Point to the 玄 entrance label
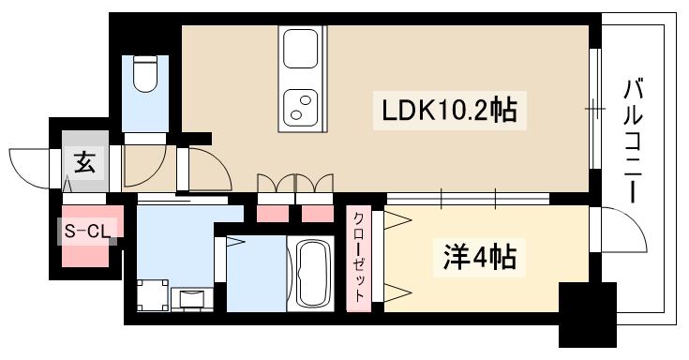[84, 164]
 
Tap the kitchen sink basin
[301, 48]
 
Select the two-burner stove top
[301, 107]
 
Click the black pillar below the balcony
[587, 314]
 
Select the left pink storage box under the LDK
[273, 211]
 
